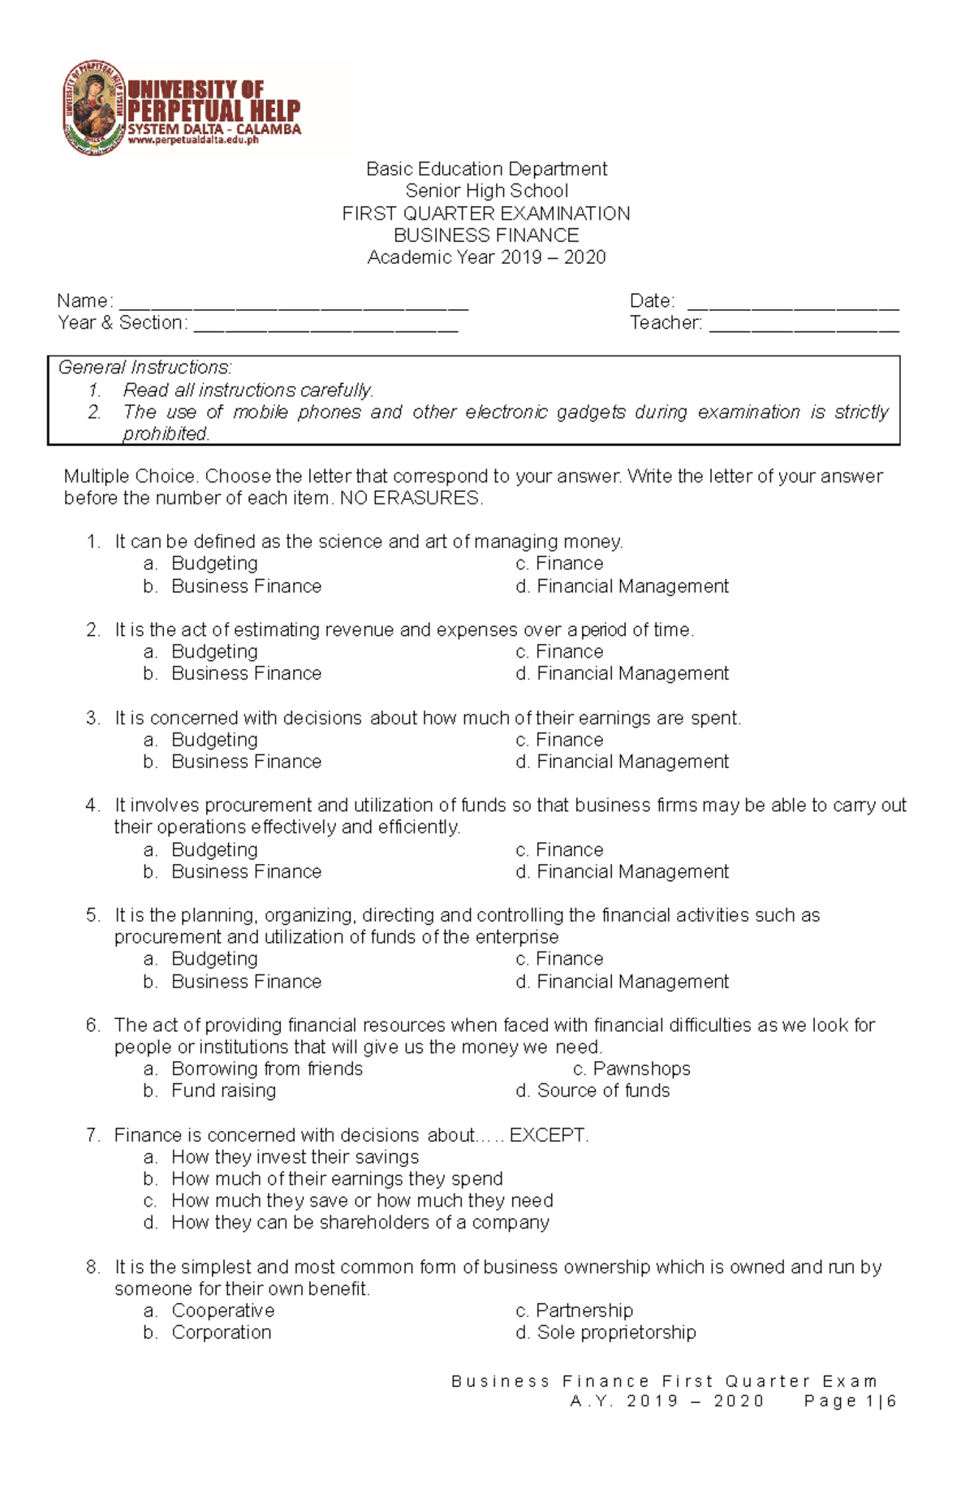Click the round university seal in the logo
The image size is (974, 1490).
(94, 108)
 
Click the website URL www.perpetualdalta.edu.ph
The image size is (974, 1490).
(193, 140)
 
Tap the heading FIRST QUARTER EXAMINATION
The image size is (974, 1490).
(485, 214)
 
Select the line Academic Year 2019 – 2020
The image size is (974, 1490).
(485, 257)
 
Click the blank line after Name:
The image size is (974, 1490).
(294, 304)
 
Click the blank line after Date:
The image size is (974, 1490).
(793, 304)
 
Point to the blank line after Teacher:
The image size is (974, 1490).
(804, 326)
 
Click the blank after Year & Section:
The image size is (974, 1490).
(325, 326)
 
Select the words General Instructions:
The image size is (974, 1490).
(144, 368)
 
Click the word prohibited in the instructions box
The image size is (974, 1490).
(166, 434)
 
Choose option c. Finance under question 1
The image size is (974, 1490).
(560, 564)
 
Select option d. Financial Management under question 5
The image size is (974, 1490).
(623, 982)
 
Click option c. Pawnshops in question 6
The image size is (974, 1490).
(631, 1069)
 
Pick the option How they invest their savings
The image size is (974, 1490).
(295, 1157)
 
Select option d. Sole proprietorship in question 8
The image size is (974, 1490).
(606, 1332)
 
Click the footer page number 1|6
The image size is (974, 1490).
(881, 1401)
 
